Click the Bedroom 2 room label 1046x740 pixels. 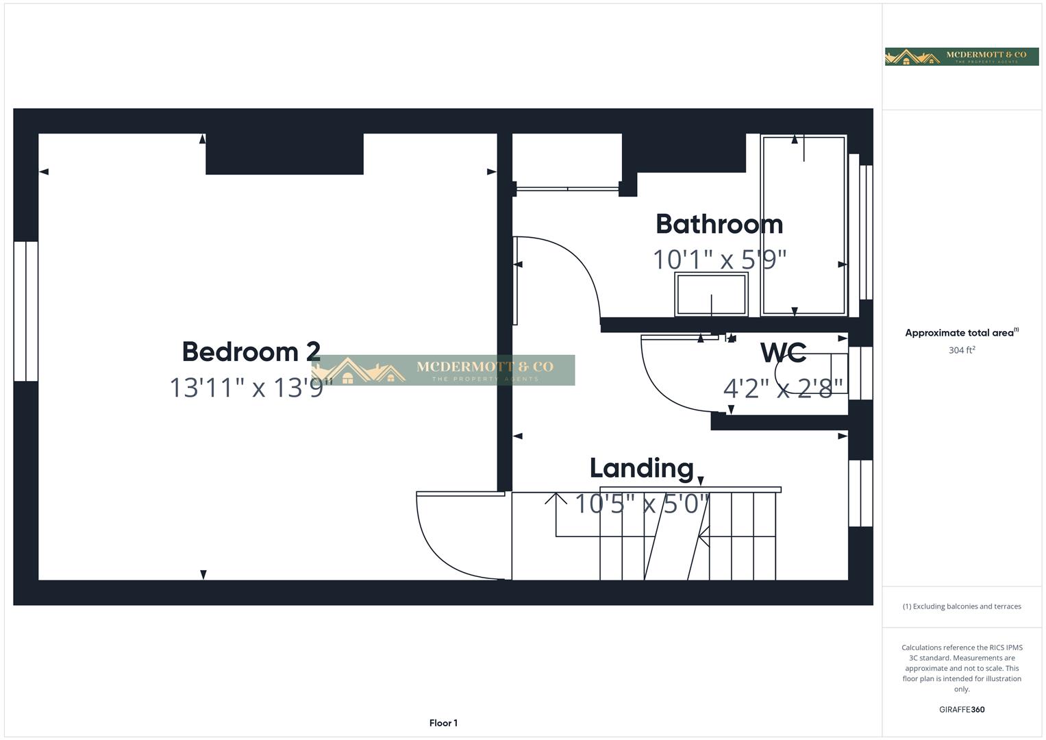pos(251,351)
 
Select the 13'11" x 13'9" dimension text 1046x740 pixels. pos(251,388)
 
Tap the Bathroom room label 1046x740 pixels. pos(719,224)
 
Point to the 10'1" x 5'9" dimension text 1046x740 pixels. pos(719,260)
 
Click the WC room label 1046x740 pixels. pos(783,353)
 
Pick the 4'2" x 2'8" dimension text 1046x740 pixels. pos(783,388)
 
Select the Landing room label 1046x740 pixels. pos(641,468)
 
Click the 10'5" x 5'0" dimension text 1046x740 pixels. pos(641,504)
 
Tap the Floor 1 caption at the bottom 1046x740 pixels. pos(443,723)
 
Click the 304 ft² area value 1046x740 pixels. pos(962,350)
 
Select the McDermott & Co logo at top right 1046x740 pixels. pos(962,56)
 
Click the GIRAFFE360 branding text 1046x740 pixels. pos(962,709)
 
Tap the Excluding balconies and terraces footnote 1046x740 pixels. pos(962,606)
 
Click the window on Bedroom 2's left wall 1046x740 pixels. pos(26,311)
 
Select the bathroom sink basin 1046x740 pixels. pos(711,294)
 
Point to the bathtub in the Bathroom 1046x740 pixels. pos(804,225)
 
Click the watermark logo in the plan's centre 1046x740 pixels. pos(443,370)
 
